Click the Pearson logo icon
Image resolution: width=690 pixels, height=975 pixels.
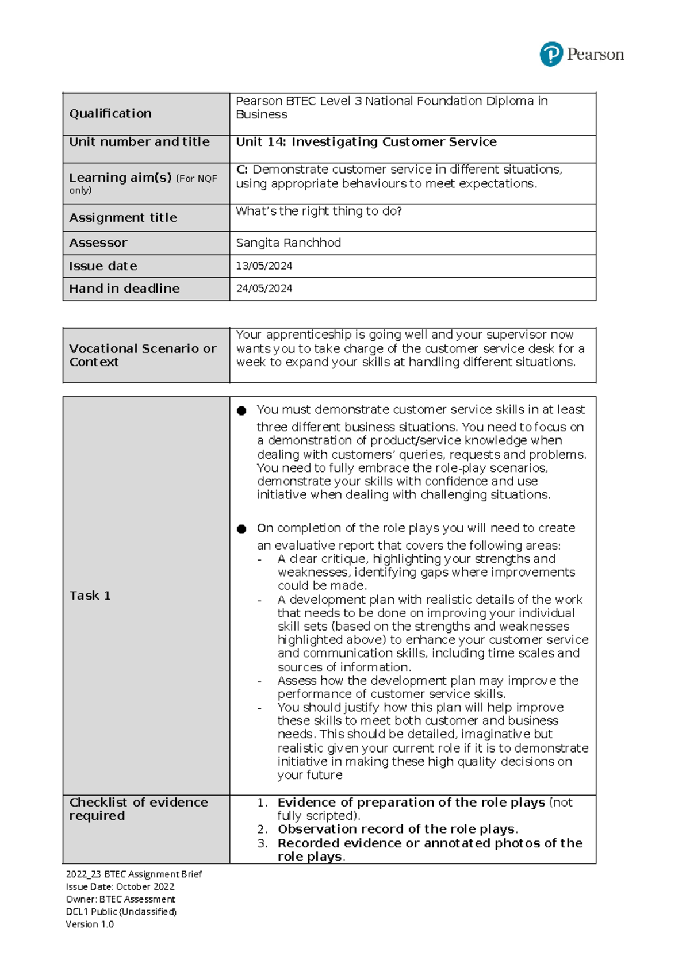tap(551, 54)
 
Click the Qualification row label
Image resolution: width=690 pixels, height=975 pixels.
tap(110, 113)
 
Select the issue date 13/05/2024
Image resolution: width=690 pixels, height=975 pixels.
tap(264, 266)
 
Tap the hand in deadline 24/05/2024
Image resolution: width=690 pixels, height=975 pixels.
tap(264, 289)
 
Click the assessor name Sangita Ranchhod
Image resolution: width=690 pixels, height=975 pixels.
tap(288, 243)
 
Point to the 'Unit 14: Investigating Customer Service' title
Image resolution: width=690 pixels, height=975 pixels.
tap(366, 142)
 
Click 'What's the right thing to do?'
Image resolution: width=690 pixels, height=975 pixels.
tap(319, 211)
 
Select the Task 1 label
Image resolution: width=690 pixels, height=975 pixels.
tap(90, 596)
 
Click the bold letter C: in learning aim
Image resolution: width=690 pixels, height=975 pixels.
tap(241, 170)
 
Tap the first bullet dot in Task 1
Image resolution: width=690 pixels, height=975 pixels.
tap(241, 410)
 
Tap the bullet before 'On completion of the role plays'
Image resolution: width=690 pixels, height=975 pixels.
tap(241, 529)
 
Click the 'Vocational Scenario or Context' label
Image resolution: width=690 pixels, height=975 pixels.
tap(143, 355)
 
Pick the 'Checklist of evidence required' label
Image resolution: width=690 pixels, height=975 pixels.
tap(138, 809)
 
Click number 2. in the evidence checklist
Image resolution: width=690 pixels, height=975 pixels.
tap(262, 830)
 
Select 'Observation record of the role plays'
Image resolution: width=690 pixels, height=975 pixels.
tap(396, 830)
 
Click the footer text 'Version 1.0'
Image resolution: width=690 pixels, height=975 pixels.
tap(90, 924)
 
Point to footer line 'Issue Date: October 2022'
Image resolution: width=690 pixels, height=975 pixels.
tap(120, 886)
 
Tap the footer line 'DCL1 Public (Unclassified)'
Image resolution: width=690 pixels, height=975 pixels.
tap(121, 912)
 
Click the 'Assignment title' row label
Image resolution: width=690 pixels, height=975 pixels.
tap(123, 218)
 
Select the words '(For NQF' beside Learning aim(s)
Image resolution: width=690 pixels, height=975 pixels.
tap(197, 179)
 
